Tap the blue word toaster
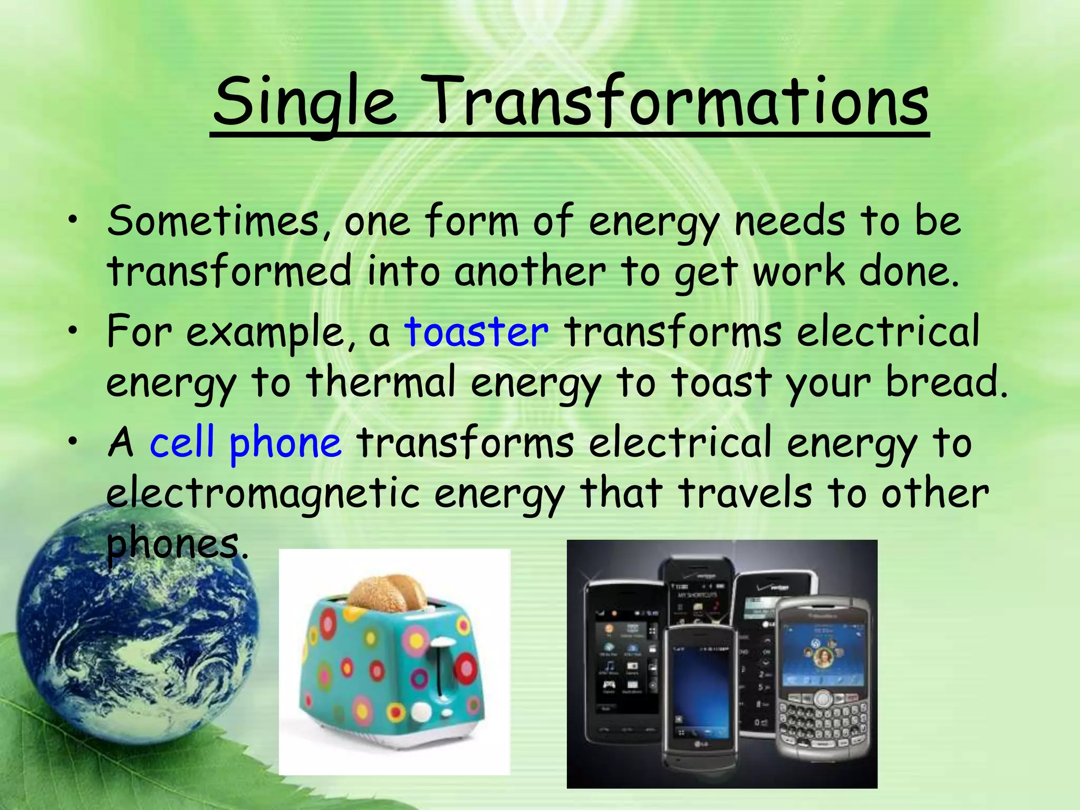pos(476,332)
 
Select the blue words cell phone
pos(245,442)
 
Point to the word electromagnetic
pos(263,494)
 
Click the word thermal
pos(380,382)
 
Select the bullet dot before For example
pos(73,332)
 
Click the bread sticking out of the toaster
pos(388,591)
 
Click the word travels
pos(744,494)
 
